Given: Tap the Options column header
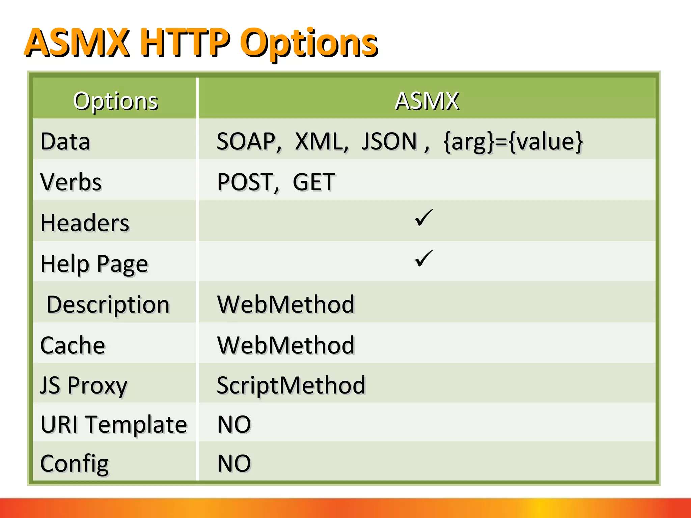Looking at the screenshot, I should (115, 101).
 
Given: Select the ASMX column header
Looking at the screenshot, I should (427, 101).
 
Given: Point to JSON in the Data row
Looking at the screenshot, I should (389, 141).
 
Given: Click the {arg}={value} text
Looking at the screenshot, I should (513, 141).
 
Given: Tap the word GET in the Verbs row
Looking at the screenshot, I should (314, 182).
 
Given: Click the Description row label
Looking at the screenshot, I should (108, 305).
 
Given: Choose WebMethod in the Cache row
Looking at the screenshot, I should (286, 345).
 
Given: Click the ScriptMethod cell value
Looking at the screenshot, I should (291, 385).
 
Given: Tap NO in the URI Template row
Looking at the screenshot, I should (234, 424).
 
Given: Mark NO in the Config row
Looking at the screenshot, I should (234, 463).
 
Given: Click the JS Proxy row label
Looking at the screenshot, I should (84, 385).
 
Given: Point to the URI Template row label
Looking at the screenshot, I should (114, 424).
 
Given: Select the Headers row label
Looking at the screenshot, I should (85, 223).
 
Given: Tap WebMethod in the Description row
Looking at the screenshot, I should (286, 305).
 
